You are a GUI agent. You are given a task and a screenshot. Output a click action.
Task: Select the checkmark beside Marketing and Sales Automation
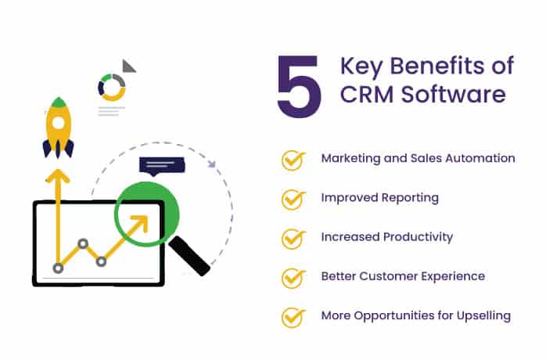coord(293,160)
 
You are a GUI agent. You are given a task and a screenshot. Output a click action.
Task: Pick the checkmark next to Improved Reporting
coord(293,199)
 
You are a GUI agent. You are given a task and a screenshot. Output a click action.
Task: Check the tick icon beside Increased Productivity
coord(293,238)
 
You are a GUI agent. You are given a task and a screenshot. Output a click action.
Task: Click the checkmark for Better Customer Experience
coord(293,278)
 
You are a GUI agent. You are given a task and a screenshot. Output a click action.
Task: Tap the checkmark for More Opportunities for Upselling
coord(293,317)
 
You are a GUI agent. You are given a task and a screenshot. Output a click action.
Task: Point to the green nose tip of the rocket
coord(59,103)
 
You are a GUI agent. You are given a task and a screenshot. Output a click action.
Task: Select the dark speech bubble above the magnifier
coord(161,166)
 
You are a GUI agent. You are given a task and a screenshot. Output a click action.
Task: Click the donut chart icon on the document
coord(112,87)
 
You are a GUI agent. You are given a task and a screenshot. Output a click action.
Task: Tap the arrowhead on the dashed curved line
coord(211,164)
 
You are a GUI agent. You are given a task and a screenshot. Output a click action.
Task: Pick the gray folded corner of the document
coord(128,66)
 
